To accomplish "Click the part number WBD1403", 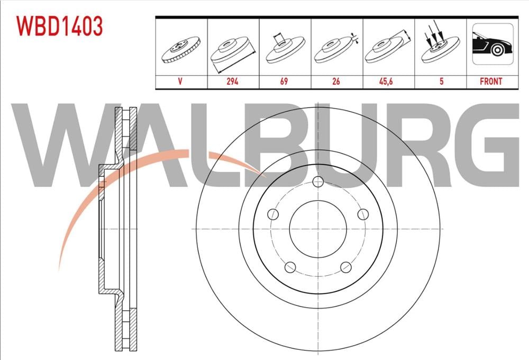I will click(59, 26).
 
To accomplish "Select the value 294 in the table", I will click(233, 82).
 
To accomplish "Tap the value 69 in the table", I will click(285, 82).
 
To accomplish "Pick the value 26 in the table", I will click(336, 82).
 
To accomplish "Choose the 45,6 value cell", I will click(388, 82).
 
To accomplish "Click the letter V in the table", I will click(181, 82).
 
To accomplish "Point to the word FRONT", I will click(491, 82).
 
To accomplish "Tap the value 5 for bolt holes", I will click(440, 82).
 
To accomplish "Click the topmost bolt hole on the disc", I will click(317, 182).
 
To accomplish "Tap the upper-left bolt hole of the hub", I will click(273, 214).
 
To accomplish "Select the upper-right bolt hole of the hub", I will click(362, 214).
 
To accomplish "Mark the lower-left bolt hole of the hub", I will click(290, 267).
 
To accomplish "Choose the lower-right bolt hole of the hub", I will click(345, 267).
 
